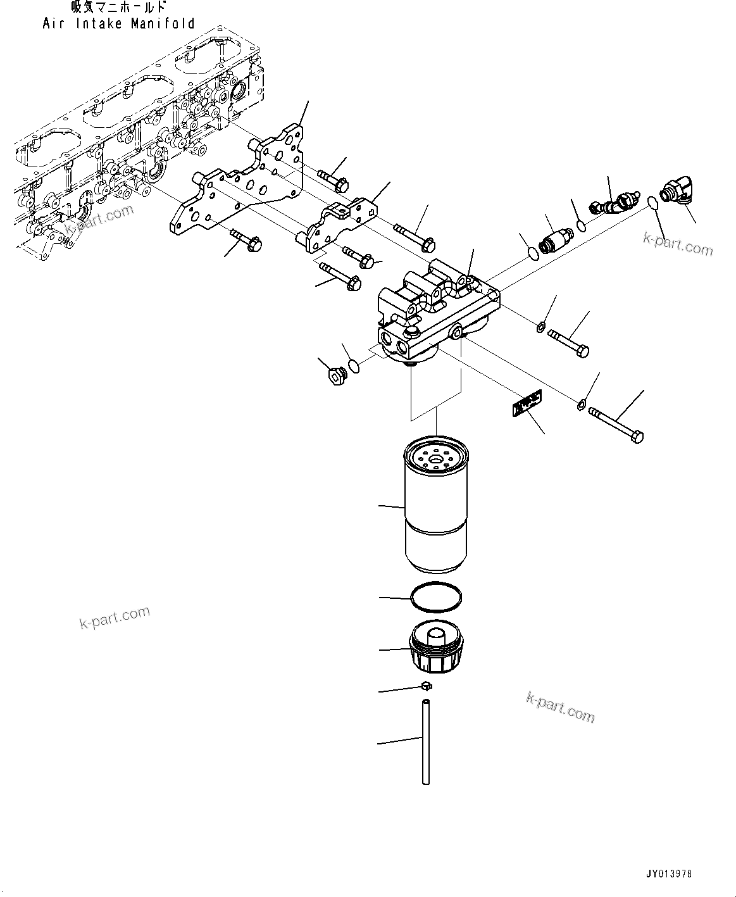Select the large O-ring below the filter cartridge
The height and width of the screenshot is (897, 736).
click(436, 597)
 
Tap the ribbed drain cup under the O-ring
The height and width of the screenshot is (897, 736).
click(436, 649)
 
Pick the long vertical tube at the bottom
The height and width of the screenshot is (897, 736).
click(427, 741)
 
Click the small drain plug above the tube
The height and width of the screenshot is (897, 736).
click(427, 686)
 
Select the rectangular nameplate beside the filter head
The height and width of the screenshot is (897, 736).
click(526, 403)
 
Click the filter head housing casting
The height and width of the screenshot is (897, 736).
click(437, 310)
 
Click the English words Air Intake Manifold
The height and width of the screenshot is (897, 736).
click(118, 23)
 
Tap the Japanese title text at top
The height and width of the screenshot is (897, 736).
click(118, 8)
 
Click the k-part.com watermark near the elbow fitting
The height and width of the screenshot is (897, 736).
click(677, 244)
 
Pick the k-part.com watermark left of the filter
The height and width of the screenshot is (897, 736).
click(115, 617)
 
